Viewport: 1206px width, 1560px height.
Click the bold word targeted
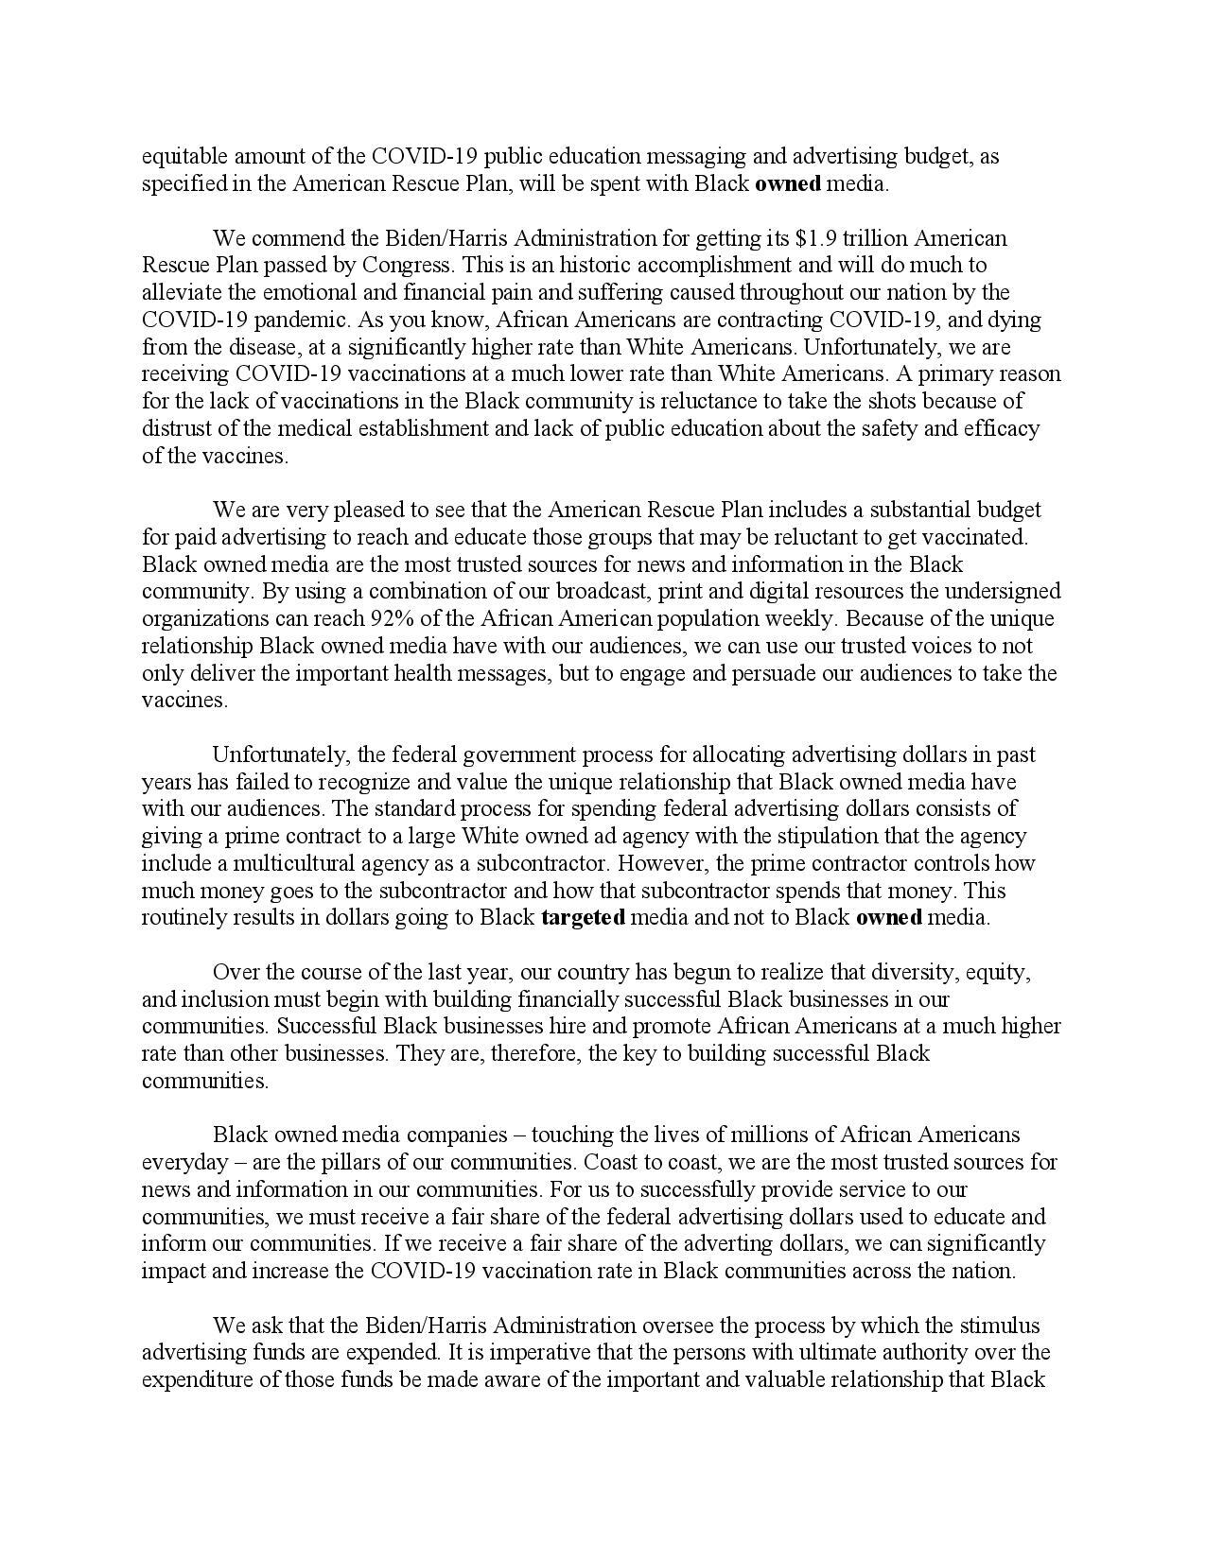(583, 917)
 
